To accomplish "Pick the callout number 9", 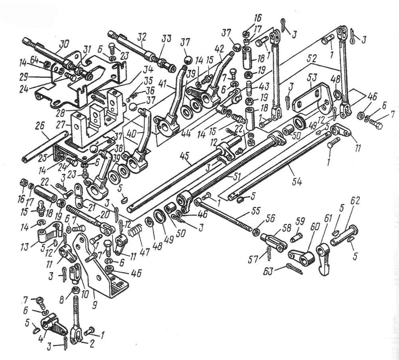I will coord(94,295).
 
